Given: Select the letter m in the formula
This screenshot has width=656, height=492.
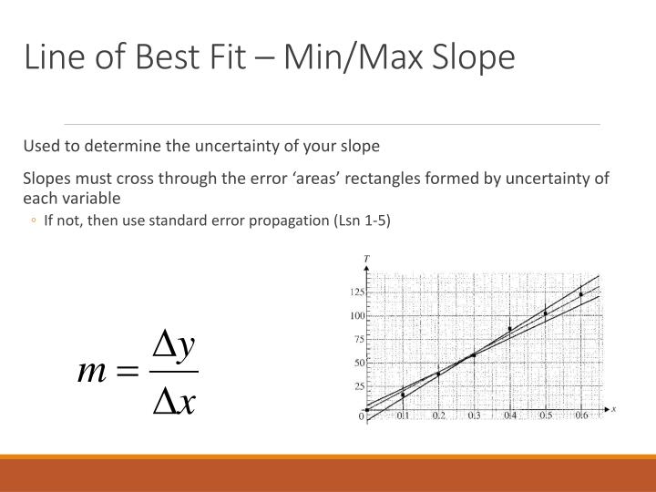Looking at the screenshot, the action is [x=92, y=371].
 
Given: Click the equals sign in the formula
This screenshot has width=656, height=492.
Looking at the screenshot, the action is [x=127, y=371].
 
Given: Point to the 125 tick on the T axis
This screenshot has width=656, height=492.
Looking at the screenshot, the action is [x=357, y=292].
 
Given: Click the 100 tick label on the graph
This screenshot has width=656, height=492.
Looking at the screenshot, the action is [x=357, y=316].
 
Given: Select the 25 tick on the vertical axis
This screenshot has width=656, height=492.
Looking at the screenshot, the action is [x=359, y=386].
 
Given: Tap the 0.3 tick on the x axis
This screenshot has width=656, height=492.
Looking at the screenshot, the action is [x=474, y=415].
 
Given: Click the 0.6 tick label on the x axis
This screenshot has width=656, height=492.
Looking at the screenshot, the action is [x=581, y=415].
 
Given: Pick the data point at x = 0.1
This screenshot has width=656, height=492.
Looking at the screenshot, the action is [x=403, y=395].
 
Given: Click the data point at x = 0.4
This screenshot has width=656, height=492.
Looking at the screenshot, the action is [x=509, y=329].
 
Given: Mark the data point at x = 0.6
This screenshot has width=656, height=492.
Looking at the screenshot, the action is [x=581, y=294].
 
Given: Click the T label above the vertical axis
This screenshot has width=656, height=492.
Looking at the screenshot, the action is [x=366, y=259].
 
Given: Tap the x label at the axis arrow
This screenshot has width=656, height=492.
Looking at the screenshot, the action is [x=613, y=409].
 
